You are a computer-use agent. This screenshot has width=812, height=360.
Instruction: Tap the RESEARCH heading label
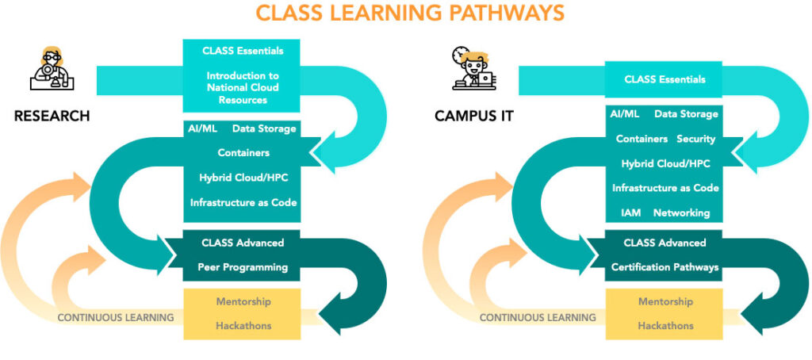tap(52, 117)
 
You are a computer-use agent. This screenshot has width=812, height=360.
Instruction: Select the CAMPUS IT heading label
tap(474, 117)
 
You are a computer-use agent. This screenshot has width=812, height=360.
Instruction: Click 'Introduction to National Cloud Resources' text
tap(243, 88)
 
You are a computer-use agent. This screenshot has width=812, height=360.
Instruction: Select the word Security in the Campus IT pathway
tap(696, 139)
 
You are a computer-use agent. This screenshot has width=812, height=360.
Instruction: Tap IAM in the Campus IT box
tap(626, 213)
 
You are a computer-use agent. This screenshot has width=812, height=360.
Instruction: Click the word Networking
tap(681, 213)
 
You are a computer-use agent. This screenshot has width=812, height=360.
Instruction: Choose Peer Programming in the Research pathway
tap(243, 267)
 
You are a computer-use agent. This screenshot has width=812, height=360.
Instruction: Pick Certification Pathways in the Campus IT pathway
tap(665, 267)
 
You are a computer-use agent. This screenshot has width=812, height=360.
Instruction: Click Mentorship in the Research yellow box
tap(243, 302)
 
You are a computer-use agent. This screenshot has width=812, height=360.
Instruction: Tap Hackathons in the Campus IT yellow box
tap(665, 326)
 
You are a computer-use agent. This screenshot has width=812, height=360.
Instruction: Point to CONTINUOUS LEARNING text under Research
tap(116, 318)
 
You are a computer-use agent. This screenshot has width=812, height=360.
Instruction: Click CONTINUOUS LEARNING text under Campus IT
tap(538, 318)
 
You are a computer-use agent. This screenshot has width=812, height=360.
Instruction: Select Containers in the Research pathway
tap(243, 152)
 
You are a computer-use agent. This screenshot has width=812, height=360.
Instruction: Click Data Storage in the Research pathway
tap(264, 128)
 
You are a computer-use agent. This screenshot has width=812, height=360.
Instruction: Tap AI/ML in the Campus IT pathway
tap(625, 114)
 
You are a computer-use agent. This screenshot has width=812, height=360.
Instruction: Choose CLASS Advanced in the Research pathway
tap(243, 243)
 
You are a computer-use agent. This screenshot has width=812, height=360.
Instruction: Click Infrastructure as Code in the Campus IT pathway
tap(665, 189)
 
